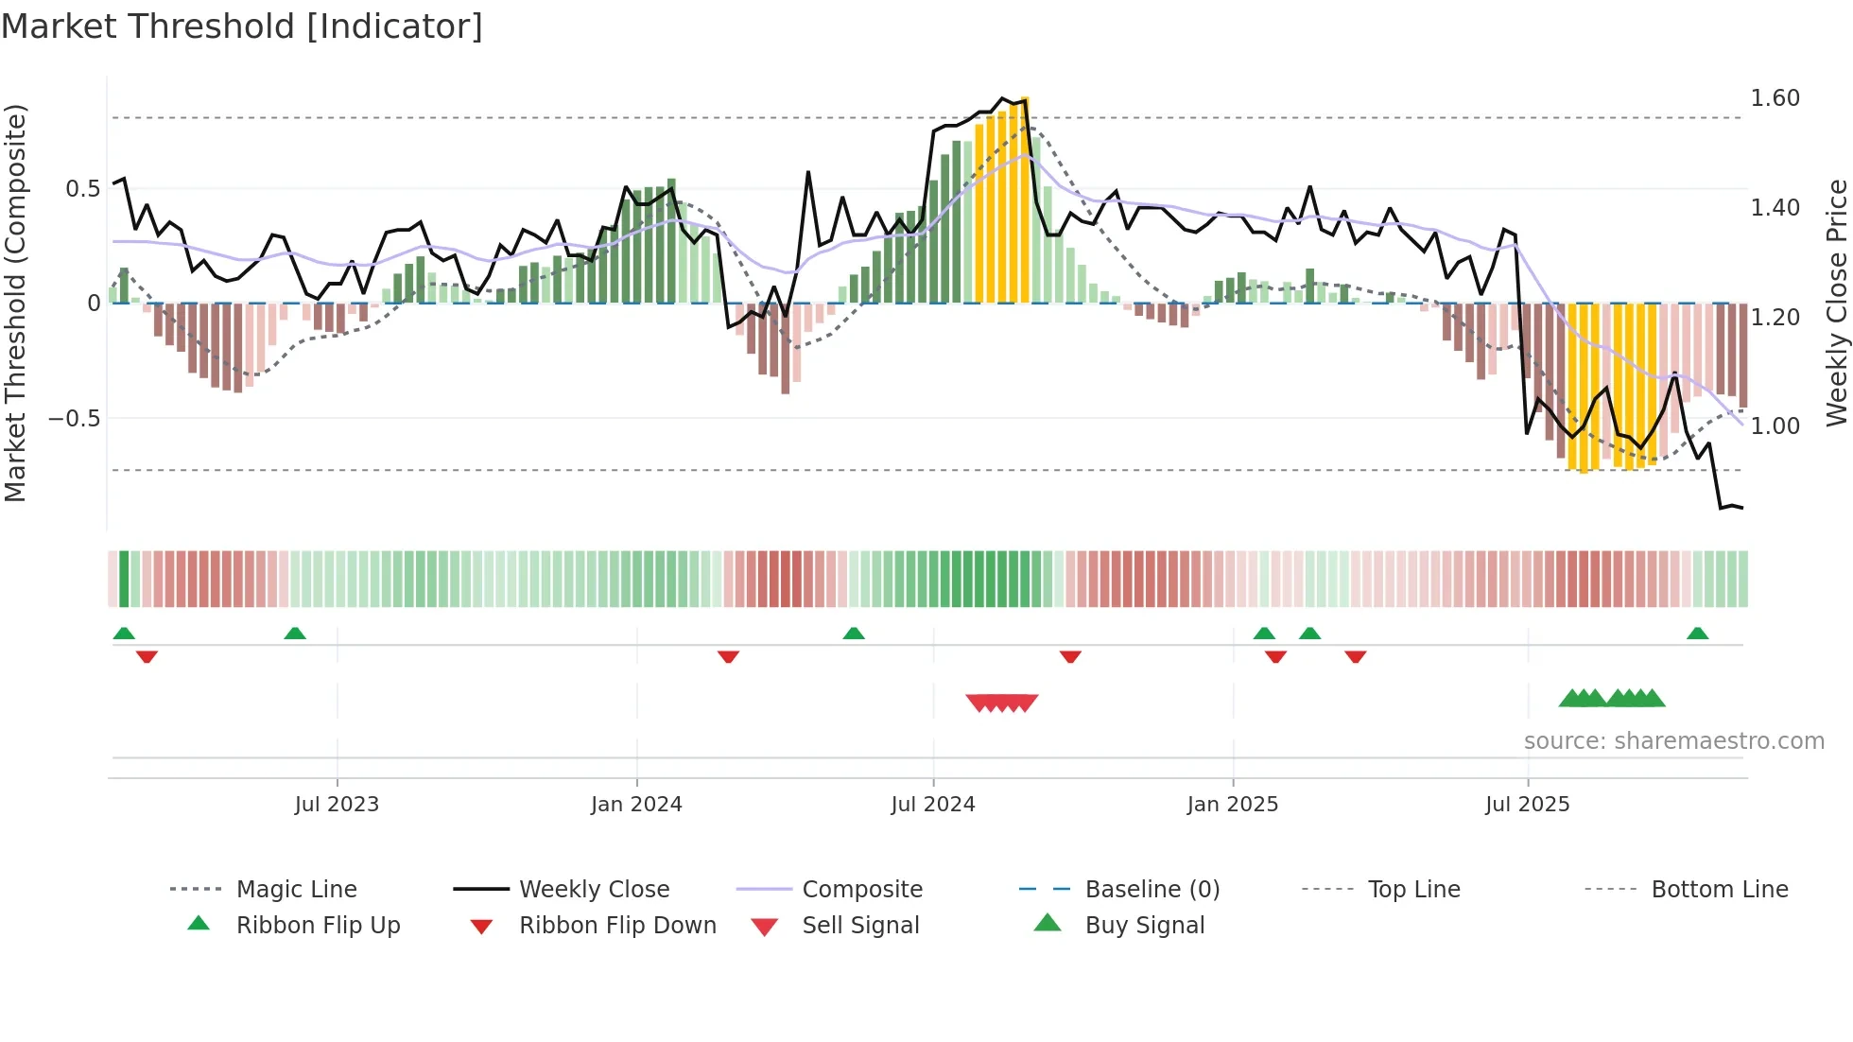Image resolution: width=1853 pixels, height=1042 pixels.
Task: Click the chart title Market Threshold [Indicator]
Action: (x=242, y=26)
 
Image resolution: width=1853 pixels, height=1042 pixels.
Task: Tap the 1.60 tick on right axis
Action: (x=1775, y=98)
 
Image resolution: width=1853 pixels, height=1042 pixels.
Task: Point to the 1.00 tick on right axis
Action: (x=1775, y=426)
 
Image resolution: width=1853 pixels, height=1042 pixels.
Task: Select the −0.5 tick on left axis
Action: (x=74, y=419)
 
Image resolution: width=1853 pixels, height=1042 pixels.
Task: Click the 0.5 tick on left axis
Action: (x=82, y=189)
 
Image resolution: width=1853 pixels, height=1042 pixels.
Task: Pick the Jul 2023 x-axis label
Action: (x=337, y=805)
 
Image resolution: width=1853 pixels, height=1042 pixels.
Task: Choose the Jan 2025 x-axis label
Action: (x=1232, y=805)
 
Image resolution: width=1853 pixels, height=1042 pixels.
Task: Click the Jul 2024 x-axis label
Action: (x=932, y=805)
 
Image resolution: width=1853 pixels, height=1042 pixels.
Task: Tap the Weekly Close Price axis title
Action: (x=1836, y=303)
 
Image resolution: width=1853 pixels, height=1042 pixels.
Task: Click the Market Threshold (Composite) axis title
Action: (x=15, y=303)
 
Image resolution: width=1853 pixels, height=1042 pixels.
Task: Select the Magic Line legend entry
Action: (x=296, y=890)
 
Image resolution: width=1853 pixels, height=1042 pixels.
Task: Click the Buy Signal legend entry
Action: (x=1144, y=926)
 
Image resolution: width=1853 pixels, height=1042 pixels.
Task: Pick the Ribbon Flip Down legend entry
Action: (x=617, y=926)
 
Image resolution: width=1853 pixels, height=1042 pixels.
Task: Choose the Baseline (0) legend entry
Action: (x=1152, y=890)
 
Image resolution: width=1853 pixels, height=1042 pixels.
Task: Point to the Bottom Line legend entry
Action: (x=1719, y=890)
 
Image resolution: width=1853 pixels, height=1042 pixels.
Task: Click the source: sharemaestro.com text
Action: (x=1673, y=741)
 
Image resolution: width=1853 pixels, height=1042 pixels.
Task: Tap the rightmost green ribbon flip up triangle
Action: (x=1697, y=634)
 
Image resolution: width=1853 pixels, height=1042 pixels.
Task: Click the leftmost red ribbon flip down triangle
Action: (x=147, y=657)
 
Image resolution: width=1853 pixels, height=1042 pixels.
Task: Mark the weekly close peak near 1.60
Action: (x=1003, y=97)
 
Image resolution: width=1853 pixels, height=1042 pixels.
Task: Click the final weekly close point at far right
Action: (x=1742, y=509)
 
